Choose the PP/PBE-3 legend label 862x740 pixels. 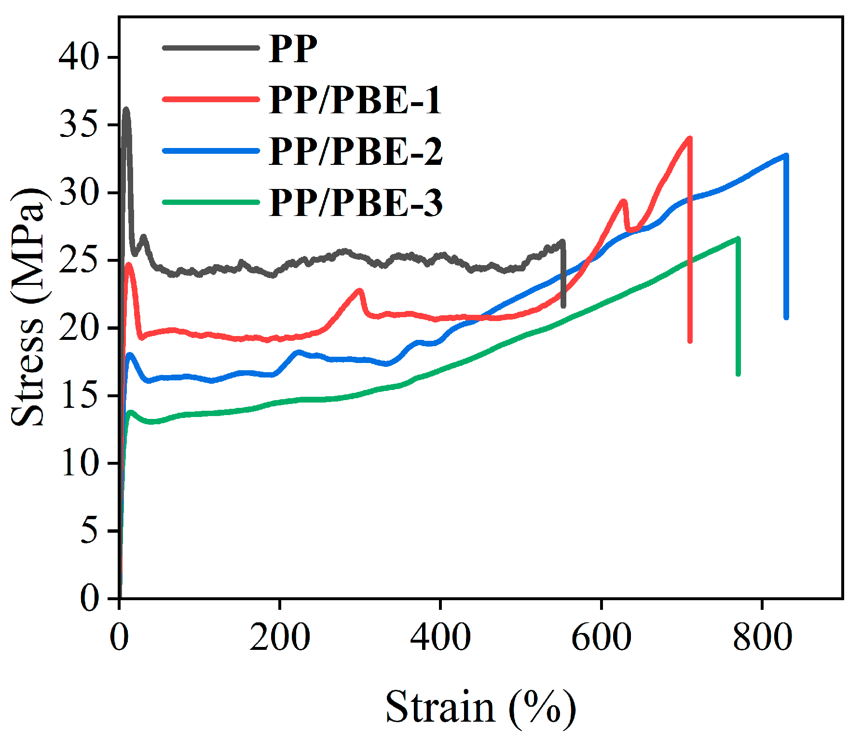pos(355,202)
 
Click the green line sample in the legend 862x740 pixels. pos(211,202)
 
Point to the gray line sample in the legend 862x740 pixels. pos(211,48)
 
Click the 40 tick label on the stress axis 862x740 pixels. pos(79,57)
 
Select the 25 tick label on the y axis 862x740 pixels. pos(79,260)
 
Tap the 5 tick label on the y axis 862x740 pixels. pos(89,531)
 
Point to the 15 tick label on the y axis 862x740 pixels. pos(79,396)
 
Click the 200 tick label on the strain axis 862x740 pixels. pos(280,637)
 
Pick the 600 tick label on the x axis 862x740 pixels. pos(601,637)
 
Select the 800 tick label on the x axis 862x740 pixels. pos(762,637)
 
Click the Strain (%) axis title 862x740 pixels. pos(480,707)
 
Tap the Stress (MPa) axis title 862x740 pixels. pos(28,308)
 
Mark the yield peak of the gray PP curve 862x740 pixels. pos(126,110)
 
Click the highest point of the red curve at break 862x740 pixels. pos(689,138)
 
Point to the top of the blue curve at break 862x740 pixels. pos(786,155)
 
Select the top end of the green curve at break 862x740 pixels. pos(738,238)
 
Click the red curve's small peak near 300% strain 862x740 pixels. pos(359,290)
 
